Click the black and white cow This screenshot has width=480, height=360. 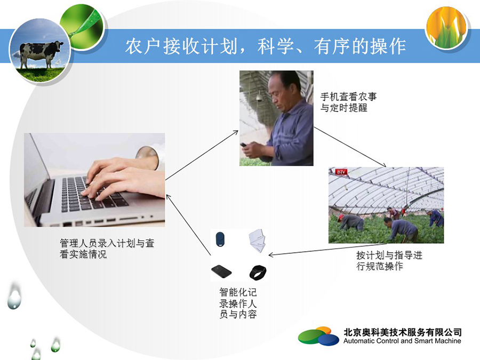(41, 54)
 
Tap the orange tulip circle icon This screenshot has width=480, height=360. (446, 28)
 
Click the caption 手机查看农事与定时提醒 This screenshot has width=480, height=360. (348, 102)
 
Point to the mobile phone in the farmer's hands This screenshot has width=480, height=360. (244, 145)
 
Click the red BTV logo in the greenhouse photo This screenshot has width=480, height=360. (341, 172)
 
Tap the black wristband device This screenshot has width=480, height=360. (258, 273)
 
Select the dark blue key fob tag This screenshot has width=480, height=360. (220, 239)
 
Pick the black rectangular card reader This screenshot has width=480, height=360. (221, 271)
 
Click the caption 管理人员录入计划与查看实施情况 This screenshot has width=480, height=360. (107, 249)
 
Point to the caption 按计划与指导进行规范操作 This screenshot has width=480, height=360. (389, 260)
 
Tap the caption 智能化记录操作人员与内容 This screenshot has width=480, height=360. (238, 303)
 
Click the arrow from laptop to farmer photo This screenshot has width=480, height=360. (202, 155)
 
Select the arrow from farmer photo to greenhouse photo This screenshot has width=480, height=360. (350, 147)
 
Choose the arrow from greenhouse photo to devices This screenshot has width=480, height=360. (327, 250)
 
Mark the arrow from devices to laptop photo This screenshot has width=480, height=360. (188, 225)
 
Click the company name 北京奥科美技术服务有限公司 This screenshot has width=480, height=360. (403, 332)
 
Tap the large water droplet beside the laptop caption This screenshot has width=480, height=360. (14, 295)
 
